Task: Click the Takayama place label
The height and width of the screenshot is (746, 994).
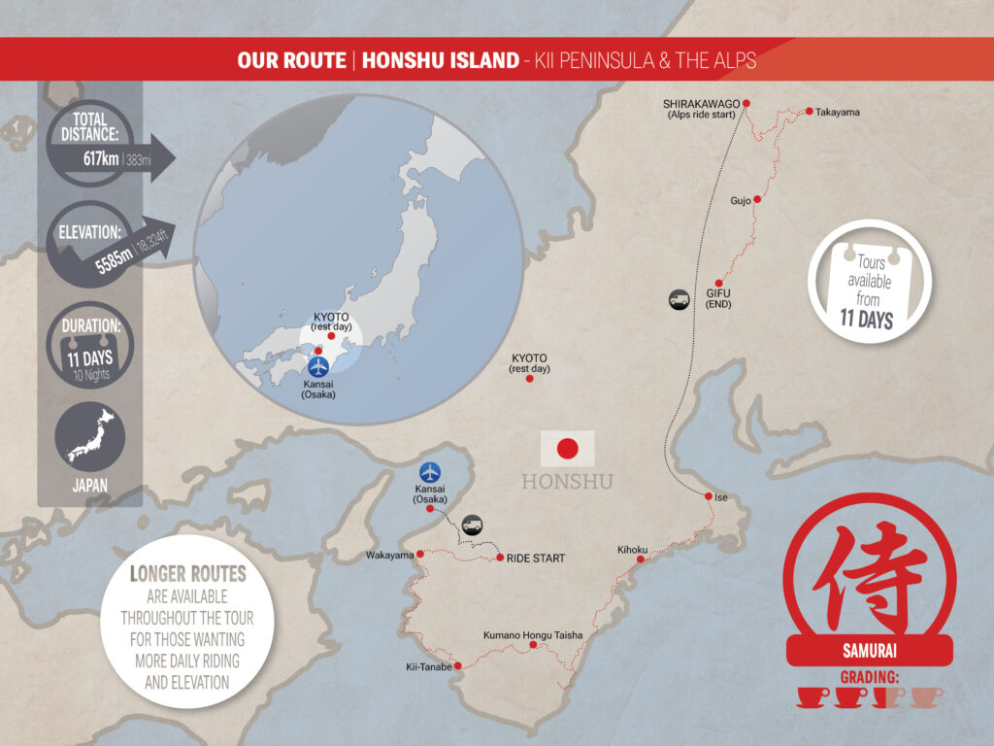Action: coord(838,112)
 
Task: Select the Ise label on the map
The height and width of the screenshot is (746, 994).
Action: coord(721,497)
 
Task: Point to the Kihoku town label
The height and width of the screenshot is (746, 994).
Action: coord(632,550)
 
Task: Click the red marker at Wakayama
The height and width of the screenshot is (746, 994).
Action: coord(420,556)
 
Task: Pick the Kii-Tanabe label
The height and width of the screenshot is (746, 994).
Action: coord(428,667)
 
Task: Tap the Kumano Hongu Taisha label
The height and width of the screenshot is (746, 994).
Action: coord(533,635)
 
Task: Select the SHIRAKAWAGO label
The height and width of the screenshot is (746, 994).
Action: coord(702,102)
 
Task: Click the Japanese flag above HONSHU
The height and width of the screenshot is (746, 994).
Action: coord(567,449)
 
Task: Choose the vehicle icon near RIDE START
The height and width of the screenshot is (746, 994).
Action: coord(472,525)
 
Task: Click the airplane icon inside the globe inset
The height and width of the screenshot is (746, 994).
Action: coord(318,367)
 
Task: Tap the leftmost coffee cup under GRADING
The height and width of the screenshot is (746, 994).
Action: coord(811,695)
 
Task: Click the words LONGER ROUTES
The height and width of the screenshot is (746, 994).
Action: coord(188,573)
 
